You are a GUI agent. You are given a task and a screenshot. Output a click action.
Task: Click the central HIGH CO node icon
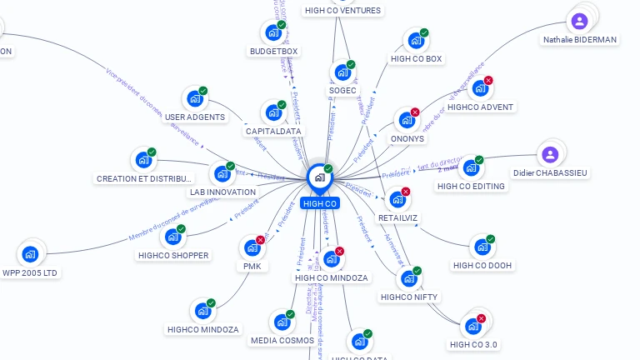click(x=319, y=177)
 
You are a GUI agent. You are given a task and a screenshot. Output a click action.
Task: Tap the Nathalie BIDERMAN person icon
click(x=579, y=21)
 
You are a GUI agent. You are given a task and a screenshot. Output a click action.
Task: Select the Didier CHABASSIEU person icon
click(x=549, y=154)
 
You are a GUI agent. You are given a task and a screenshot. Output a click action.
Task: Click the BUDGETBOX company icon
click(x=272, y=32)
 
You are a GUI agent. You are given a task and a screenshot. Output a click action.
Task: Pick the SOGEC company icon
click(x=341, y=72)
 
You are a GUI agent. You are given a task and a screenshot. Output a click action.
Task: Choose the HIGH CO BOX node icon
click(x=414, y=41)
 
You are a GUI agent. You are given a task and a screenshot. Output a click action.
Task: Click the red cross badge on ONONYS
click(x=415, y=112)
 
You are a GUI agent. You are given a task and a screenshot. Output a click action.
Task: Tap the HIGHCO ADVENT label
click(x=480, y=107)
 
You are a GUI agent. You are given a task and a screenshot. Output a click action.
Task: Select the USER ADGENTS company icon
click(x=194, y=98)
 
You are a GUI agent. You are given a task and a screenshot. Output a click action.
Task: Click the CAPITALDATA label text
click(x=273, y=131)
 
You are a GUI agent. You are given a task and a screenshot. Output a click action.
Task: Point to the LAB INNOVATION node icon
click(x=222, y=173)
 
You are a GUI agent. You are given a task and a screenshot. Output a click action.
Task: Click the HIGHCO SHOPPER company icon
click(x=172, y=237)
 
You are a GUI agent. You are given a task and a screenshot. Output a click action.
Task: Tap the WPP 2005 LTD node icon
click(x=30, y=253)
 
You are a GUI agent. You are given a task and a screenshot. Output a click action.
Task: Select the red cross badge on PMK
click(x=260, y=240)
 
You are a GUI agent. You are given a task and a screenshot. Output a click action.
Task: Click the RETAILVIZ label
click(x=397, y=217)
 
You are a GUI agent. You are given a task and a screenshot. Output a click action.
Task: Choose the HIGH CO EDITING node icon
click(x=471, y=167)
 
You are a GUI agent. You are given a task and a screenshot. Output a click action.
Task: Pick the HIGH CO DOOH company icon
click(x=482, y=247)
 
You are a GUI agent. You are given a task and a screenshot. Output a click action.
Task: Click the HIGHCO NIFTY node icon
click(x=408, y=278)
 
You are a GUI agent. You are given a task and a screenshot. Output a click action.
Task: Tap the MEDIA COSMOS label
click(x=282, y=340)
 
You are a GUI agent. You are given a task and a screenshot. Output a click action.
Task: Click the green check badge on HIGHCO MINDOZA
click(x=211, y=303)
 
